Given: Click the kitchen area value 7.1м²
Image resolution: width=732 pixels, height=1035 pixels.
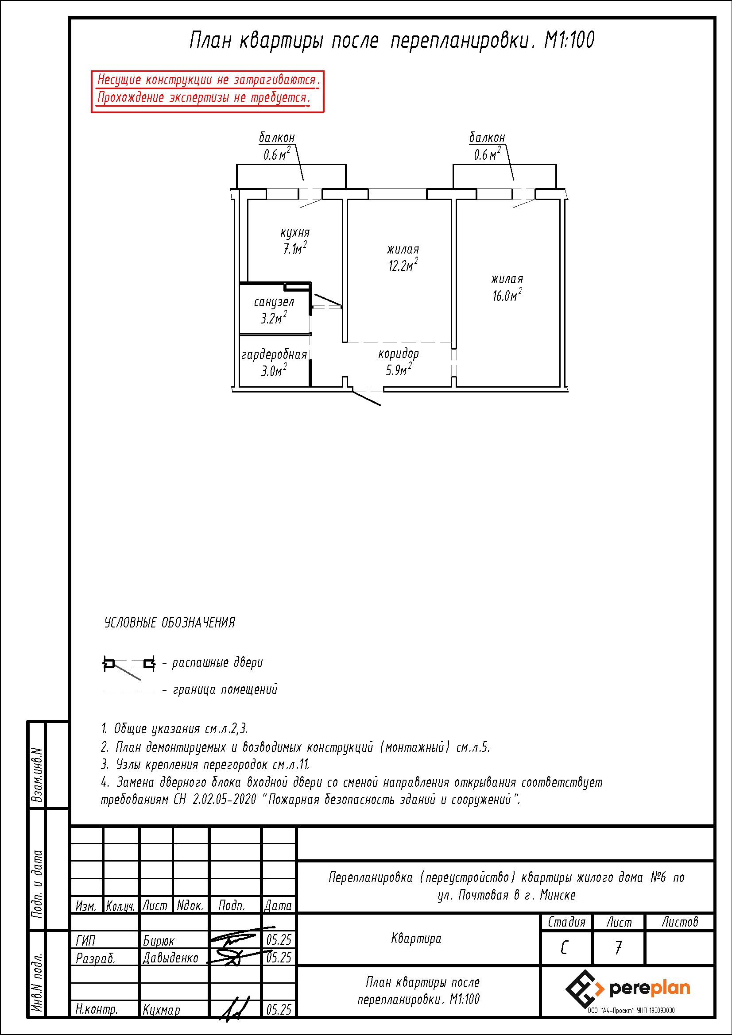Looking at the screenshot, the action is pos(295,248).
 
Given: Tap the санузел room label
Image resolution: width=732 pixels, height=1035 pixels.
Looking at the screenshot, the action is pos(274,302).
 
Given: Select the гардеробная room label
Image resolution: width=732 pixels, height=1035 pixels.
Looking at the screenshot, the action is pos(274,355).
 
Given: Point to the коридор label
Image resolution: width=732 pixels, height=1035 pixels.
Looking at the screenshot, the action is pos(398,354).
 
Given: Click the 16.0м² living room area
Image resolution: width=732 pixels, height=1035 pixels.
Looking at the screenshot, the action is pos(507,295).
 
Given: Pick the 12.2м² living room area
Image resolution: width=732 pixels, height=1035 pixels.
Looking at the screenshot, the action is pos(403,265).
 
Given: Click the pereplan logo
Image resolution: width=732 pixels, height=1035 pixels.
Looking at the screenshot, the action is pos(628,989).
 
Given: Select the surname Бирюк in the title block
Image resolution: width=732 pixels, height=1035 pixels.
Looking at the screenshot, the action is pos(158,941).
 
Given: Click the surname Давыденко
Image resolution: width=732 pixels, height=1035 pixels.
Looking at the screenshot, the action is pos(170,958).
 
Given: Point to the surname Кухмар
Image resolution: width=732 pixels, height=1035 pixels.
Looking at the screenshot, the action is pos(161,1010).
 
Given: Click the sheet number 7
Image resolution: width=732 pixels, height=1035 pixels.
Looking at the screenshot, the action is pos(618,947).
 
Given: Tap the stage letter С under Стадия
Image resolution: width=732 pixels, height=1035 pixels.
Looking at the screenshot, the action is pos(564,947).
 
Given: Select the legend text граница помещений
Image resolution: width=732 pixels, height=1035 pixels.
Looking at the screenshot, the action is pos(225,690).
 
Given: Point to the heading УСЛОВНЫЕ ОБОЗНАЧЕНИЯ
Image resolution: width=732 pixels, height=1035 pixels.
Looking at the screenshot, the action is pos(170,623).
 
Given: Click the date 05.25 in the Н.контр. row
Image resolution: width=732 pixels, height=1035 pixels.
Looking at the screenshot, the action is pos(279,1010).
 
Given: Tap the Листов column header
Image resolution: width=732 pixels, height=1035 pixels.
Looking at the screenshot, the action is pos(680,922).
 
